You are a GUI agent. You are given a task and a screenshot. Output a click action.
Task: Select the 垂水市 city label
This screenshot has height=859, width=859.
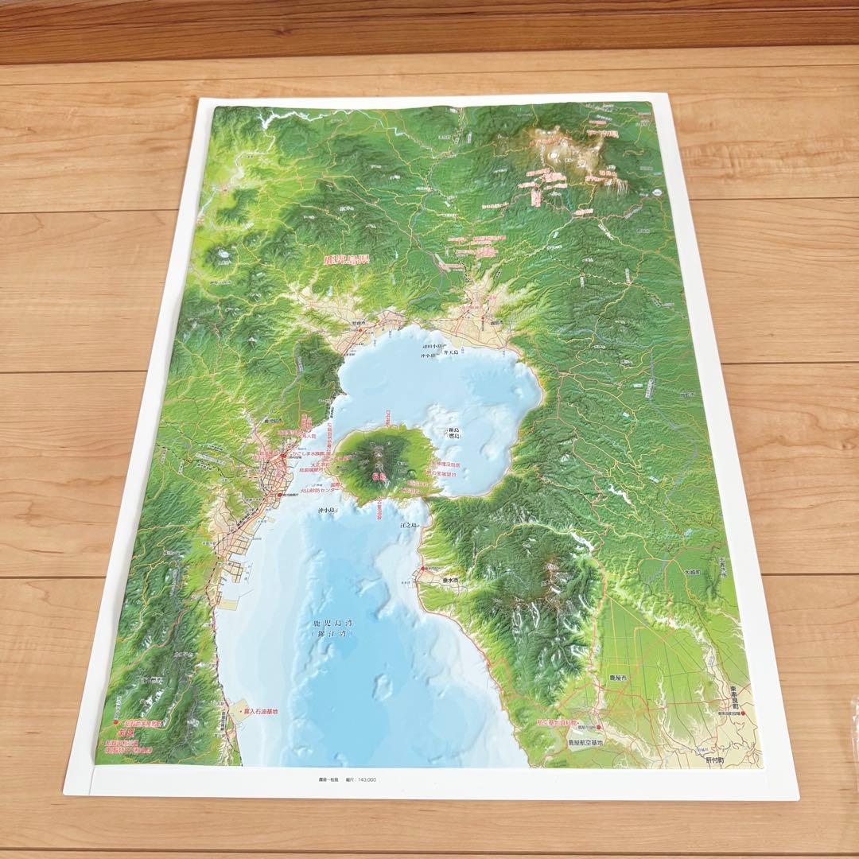point(450,581)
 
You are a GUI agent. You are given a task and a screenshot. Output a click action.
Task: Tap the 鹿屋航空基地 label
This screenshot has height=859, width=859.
point(585,742)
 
